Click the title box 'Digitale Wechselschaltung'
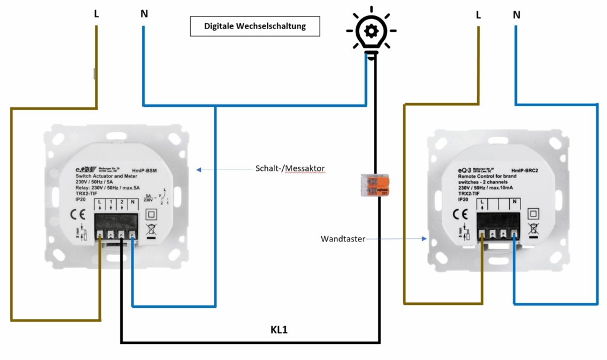coord(255,27)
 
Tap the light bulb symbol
coord(371,33)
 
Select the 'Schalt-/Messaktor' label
coord(290,169)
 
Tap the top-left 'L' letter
coord(96,13)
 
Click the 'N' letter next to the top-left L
coord(144,13)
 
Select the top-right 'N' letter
coord(517,13)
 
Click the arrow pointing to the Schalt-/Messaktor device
coord(225,170)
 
